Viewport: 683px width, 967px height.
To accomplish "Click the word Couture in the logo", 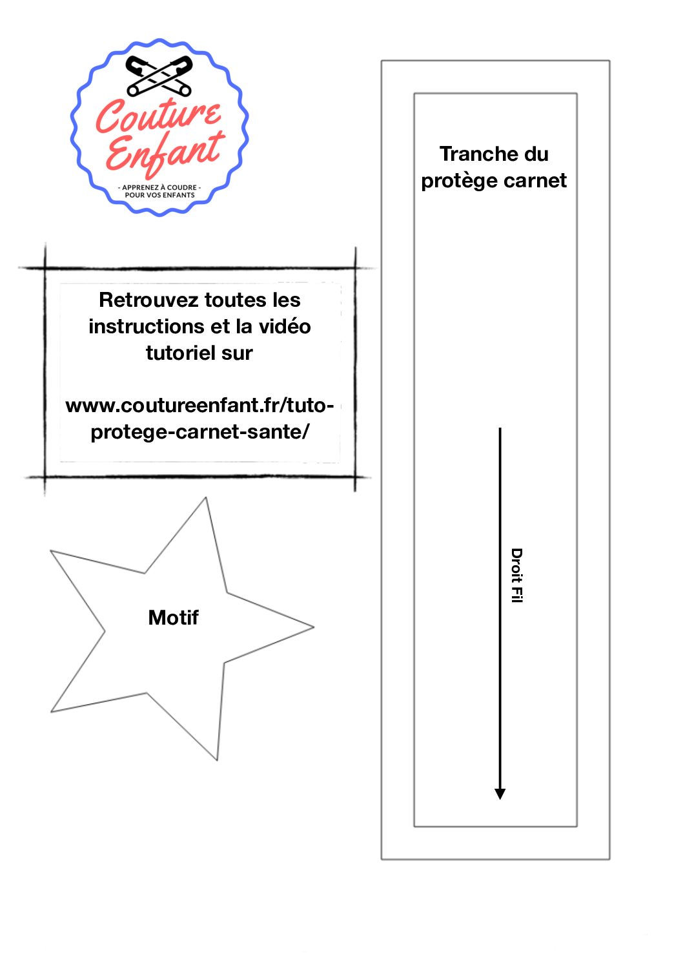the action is coord(158,116).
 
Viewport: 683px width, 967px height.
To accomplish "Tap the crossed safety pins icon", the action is coord(159,76).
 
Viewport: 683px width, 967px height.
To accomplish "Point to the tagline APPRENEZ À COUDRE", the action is coord(159,187).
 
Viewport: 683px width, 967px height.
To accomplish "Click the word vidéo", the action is coord(285,327).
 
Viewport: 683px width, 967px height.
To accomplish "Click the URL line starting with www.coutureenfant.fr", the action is coord(199,406).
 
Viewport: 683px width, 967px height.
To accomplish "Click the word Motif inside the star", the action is coord(173,618).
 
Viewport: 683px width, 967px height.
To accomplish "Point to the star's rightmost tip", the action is coord(314,627).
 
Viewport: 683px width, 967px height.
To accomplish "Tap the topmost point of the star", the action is coord(206,498).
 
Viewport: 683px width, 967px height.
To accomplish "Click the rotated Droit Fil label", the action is coord(516,576).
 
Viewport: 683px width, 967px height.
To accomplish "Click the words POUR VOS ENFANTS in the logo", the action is coord(159,195).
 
